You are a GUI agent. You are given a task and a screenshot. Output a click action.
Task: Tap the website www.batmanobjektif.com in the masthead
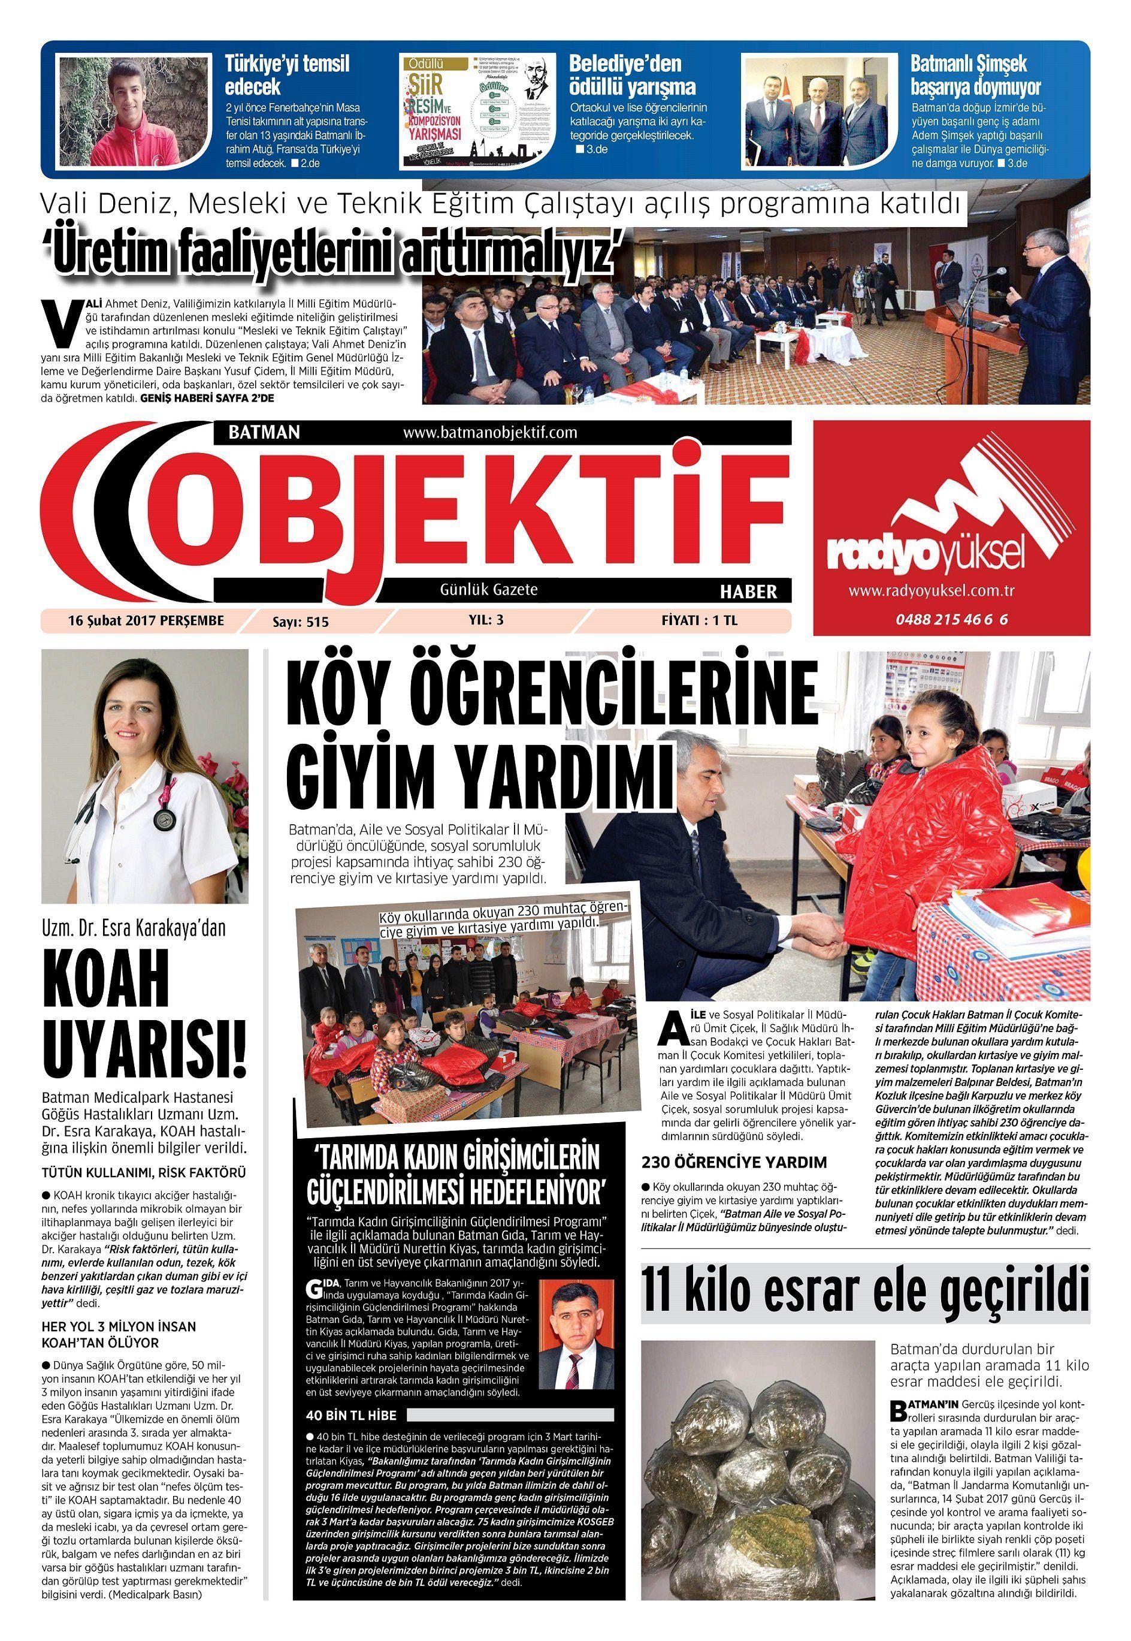[x=489, y=432]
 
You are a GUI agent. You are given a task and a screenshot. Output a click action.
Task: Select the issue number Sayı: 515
[x=301, y=622]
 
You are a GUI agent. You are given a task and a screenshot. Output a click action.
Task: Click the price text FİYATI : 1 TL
[x=698, y=620]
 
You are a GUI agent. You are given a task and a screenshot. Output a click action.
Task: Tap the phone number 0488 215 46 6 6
[x=951, y=620]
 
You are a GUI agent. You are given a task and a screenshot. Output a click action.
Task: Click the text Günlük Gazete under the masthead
[x=489, y=590]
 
